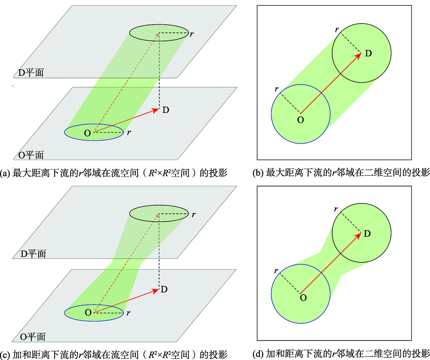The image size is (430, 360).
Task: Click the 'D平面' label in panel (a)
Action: pos(31,73)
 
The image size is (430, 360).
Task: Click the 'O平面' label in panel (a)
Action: pos(31,155)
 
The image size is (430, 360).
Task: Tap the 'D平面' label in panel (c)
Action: pos(33,253)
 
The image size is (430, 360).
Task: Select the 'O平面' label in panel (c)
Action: pos(33,337)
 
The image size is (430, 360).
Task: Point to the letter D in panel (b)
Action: pos(369,53)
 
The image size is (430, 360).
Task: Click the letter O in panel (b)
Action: pos(301,120)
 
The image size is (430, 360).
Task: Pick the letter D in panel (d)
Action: pos(367,234)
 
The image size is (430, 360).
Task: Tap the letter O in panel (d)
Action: pos(303,298)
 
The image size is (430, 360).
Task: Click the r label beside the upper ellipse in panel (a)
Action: pos(192,34)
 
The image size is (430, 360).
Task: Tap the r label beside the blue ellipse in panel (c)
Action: pos(128,313)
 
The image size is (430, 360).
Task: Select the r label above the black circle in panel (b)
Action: pos(337,29)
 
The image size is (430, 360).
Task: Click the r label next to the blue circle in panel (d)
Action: pos(276,271)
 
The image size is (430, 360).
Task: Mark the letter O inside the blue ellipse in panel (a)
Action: pos(87,133)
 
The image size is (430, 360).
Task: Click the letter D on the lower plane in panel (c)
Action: pos(164,289)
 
